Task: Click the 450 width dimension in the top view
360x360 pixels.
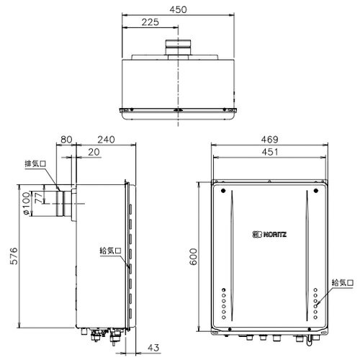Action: (178, 9)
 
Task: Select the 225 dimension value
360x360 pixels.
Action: (150, 22)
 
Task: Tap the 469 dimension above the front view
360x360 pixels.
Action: (270, 140)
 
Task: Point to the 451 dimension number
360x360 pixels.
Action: (270, 152)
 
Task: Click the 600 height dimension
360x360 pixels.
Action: (193, 256)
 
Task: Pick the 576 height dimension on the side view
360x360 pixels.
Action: (14, 256)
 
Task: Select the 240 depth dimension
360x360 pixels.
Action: (106, 140)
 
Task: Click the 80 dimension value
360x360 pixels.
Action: (66, 140)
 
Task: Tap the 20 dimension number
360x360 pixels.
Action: (94, 152)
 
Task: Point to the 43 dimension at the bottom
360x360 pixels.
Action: (153, 348)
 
